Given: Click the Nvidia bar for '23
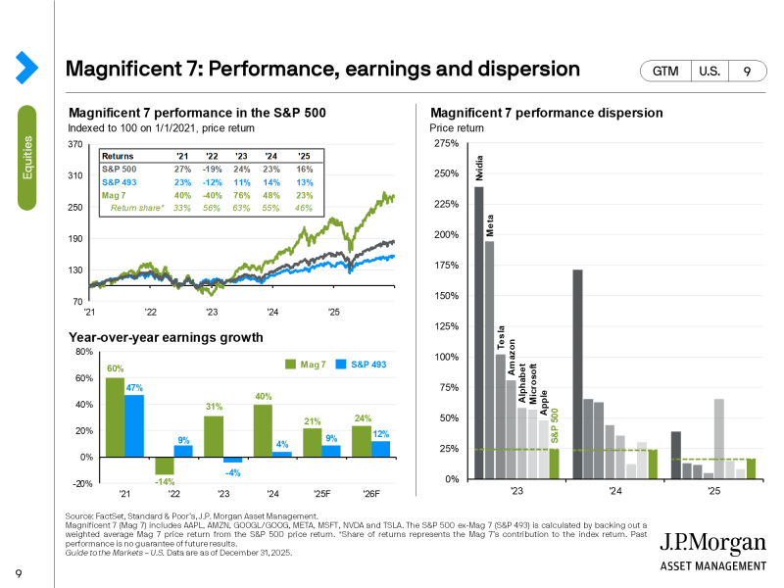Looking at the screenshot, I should click(479, 333).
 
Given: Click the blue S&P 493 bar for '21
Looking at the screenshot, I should click(133, 426).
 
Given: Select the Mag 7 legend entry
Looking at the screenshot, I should click(305, 364).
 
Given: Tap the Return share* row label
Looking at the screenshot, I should click(137, 208).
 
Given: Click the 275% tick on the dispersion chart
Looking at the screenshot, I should click(445, 144).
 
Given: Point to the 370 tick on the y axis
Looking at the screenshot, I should click(76, 144).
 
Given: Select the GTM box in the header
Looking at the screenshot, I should click(664, 72).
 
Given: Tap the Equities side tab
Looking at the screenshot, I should click(27, 157).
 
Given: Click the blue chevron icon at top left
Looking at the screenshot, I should click(26, 67).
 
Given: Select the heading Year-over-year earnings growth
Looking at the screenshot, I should click(166, 338).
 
